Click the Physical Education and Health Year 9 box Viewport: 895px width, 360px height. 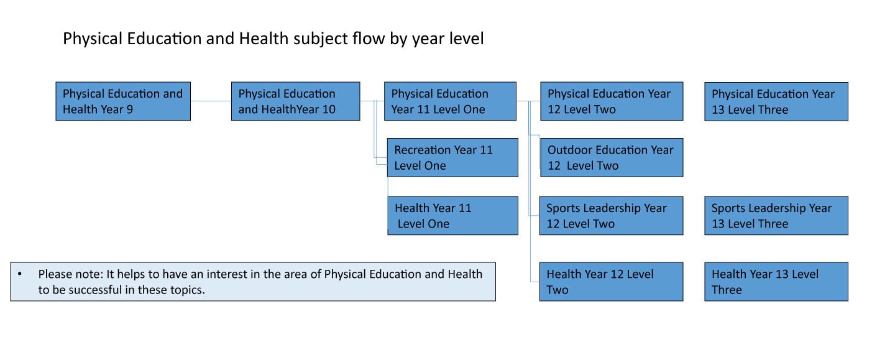tap(123, 101)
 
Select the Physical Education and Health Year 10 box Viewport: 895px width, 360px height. tap(296, 101)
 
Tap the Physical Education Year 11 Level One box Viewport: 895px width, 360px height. tap(450, 101)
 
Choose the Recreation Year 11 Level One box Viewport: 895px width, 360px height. tap(452, 157)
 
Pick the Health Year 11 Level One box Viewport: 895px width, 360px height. tap(452, 215)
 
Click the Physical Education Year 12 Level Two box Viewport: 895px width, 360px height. tap(612, 101)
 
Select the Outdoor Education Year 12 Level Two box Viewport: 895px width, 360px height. tap(612, 157)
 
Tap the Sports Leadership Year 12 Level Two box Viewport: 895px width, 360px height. tap(612, 215)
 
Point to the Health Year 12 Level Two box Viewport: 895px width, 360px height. tap(612, 282)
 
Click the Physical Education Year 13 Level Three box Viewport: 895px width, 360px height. tap(776, 101)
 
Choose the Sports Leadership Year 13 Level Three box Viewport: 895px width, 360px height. tap(776, 215)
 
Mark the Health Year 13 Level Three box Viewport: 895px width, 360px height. tap(776, 282)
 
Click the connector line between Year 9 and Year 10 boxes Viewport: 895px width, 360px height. tap(211, 101)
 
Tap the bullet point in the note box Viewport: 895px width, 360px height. tap(20, 274)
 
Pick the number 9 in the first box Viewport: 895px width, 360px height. tap(129, 109)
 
